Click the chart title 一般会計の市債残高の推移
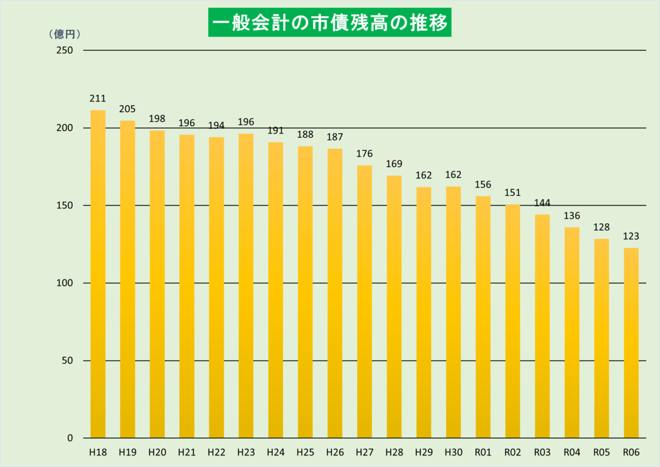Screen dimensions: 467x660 (329, 23)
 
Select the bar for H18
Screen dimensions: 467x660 (98, 274)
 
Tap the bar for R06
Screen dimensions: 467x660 (631, 343)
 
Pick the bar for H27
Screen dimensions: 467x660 (364, 301)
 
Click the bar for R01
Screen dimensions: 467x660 (483, 317)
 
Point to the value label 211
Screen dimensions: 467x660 (98, 99)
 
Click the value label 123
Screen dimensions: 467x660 (631, 236)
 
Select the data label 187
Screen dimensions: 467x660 (335, 137)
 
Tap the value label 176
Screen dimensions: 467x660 (364, 154)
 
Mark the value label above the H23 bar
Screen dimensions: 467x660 (246, 122)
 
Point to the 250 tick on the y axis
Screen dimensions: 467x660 (65, 50)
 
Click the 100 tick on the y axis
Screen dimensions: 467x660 (65, 283)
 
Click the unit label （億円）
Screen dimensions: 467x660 (64, 35)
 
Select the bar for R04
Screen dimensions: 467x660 (572, 332)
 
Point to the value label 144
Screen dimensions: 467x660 (542, 204)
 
